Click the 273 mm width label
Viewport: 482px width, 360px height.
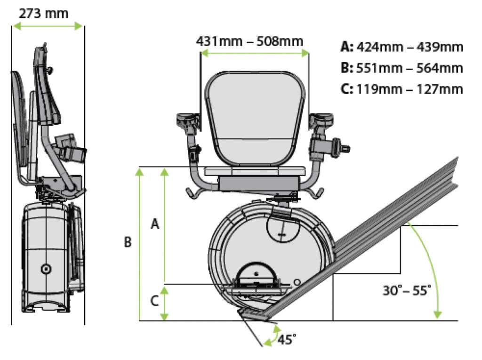click(x=43, y=13)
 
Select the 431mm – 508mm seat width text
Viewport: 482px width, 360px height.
click(x=249, y=41)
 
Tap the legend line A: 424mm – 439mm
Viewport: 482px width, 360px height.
click(x=402, y=47)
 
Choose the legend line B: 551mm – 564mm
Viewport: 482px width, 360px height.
click(x=402, y=68)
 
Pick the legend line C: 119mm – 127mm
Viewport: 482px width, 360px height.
click(x=402, y=88)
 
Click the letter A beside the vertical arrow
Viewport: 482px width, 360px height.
click(x=154, y=225)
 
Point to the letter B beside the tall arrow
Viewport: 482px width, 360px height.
click(x=128, y=242)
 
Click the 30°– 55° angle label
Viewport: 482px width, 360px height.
click(x=407, y=290)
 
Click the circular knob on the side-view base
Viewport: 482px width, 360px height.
click(x=46, y=269)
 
